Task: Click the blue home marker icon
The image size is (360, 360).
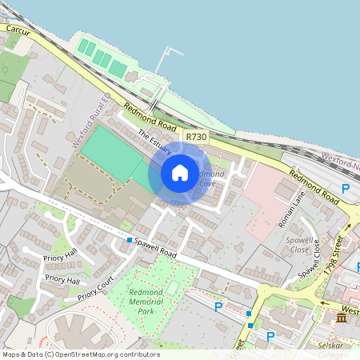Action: point(180,172)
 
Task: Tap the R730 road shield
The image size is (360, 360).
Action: point(196,138)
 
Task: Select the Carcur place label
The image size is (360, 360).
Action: point(18,29)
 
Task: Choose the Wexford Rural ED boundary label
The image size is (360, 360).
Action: point(90,120)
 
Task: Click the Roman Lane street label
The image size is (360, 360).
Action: point(292,210)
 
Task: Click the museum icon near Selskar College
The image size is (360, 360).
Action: point(342,318)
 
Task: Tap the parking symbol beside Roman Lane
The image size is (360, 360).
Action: point(346,189)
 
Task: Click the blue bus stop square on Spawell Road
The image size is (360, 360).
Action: point(129,239)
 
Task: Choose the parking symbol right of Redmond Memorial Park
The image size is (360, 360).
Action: point(218,306)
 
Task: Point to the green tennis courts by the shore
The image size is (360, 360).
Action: point(101,58)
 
